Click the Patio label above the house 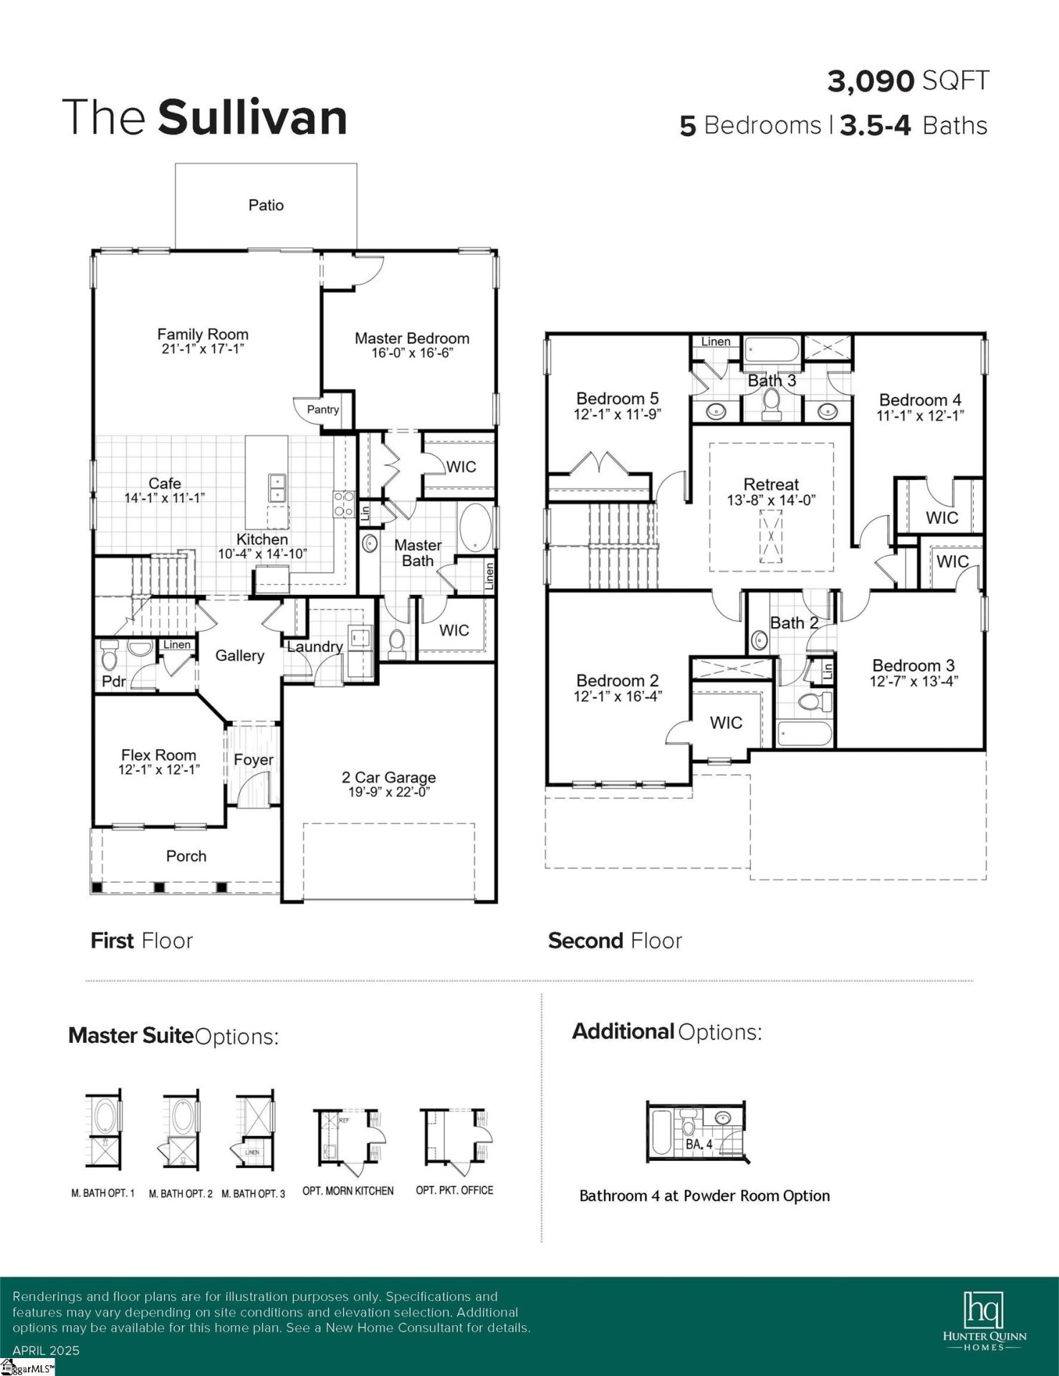pos(266,206)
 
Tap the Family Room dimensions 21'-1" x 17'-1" pos(203,350)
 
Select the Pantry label pos(322,410)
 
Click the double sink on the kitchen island pos(277,488)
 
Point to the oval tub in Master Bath pos(474,528)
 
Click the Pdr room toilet pos(109,654)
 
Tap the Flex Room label pos(158,755)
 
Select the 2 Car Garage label pos(388,778)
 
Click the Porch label pos(186,856)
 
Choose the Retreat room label pos(771,485)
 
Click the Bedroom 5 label pos(617,399)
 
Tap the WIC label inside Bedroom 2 pos(726,723)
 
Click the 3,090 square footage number pos(871,82)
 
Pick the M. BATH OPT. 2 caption pos(181,1194)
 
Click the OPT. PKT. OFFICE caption pos(454,1190)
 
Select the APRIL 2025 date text pos(46,1351)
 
